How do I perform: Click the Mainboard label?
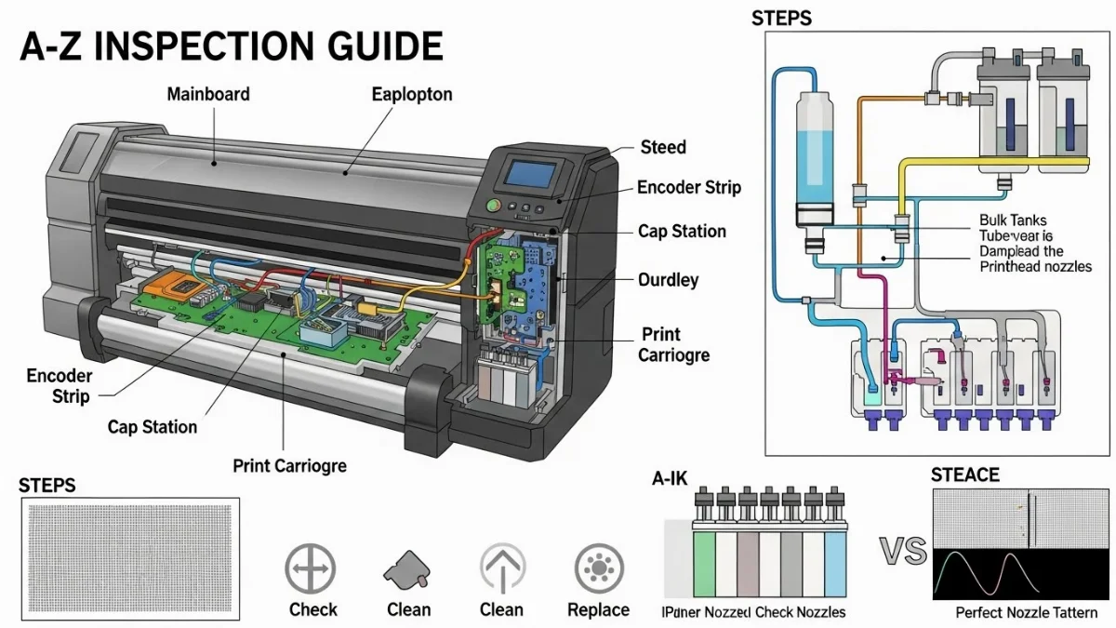208,95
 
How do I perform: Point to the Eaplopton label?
412,95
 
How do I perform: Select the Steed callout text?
663,147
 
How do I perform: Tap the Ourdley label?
668,279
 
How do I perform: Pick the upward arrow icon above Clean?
502,568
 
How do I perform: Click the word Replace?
598,610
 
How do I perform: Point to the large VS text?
903,552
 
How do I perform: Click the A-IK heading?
671,480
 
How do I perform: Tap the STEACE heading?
964,475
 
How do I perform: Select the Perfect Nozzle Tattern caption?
1026,613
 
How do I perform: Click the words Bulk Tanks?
1012,221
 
